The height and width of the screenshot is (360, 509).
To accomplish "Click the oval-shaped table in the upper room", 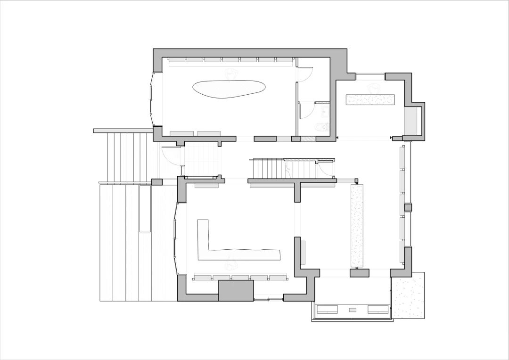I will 229,89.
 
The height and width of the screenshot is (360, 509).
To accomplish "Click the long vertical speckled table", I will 357,225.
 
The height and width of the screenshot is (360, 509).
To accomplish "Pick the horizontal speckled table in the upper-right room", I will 370,99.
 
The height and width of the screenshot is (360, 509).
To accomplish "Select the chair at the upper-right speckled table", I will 375,88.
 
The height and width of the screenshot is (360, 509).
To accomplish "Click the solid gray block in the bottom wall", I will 236,290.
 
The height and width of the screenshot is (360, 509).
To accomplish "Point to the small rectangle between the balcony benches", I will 353,310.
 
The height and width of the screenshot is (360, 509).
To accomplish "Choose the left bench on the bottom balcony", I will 327,310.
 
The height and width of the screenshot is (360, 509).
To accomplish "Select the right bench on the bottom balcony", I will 378,310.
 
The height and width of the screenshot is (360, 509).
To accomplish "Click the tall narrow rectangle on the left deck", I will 145,208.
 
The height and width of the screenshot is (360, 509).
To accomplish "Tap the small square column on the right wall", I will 408,207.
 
